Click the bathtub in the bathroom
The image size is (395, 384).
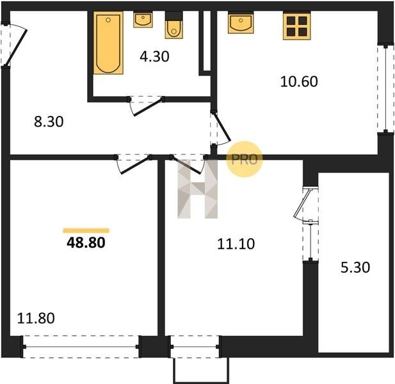click(x=108, y=43)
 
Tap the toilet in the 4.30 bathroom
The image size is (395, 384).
click(x=174, y=25)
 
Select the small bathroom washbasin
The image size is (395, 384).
click(x=143, y=19)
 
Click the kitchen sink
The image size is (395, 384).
click(x=241, y=22)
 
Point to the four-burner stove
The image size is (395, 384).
click(x=297, y=26)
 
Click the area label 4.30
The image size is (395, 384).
click(x=154, y=56)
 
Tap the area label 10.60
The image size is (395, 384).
click(x=299, y=81)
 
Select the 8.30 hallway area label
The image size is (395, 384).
click(x=49, y=122)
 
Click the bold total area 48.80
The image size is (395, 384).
click(x=86, y=243)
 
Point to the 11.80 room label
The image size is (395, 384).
click(x=36, y=318)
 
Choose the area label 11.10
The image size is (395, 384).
click(x=236, y=244)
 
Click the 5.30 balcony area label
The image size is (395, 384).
click(x=355, y=268)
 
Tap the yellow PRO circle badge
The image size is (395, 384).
click(x=245, y=159)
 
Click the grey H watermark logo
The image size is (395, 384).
click(x=197, y=189)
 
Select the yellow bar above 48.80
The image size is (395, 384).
click(x=86, y=230)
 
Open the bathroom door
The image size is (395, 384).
click(x=146, y=106)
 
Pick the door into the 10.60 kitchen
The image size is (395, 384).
click(x=220, y=129)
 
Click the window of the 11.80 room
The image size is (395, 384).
click(x=81, y=347)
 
